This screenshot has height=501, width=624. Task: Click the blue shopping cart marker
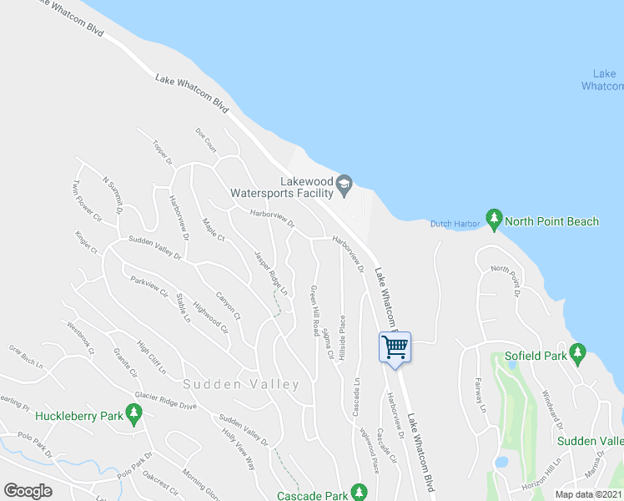[395, 346]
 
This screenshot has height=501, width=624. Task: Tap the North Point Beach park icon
[494, 220]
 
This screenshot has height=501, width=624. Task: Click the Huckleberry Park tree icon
[133, 413]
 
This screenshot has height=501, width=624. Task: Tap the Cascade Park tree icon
[359, 491]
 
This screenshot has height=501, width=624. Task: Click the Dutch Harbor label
[455, 223]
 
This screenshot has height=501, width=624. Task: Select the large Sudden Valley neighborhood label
[242, 384]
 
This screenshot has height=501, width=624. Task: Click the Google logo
[28, 491]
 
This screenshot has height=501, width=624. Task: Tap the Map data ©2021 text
[589, 494]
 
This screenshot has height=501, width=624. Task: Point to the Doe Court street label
[205, 139]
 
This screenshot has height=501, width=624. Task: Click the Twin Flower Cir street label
[86, 202]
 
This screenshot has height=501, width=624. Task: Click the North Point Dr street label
[506, 281]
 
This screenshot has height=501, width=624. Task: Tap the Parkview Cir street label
[149, 287]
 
